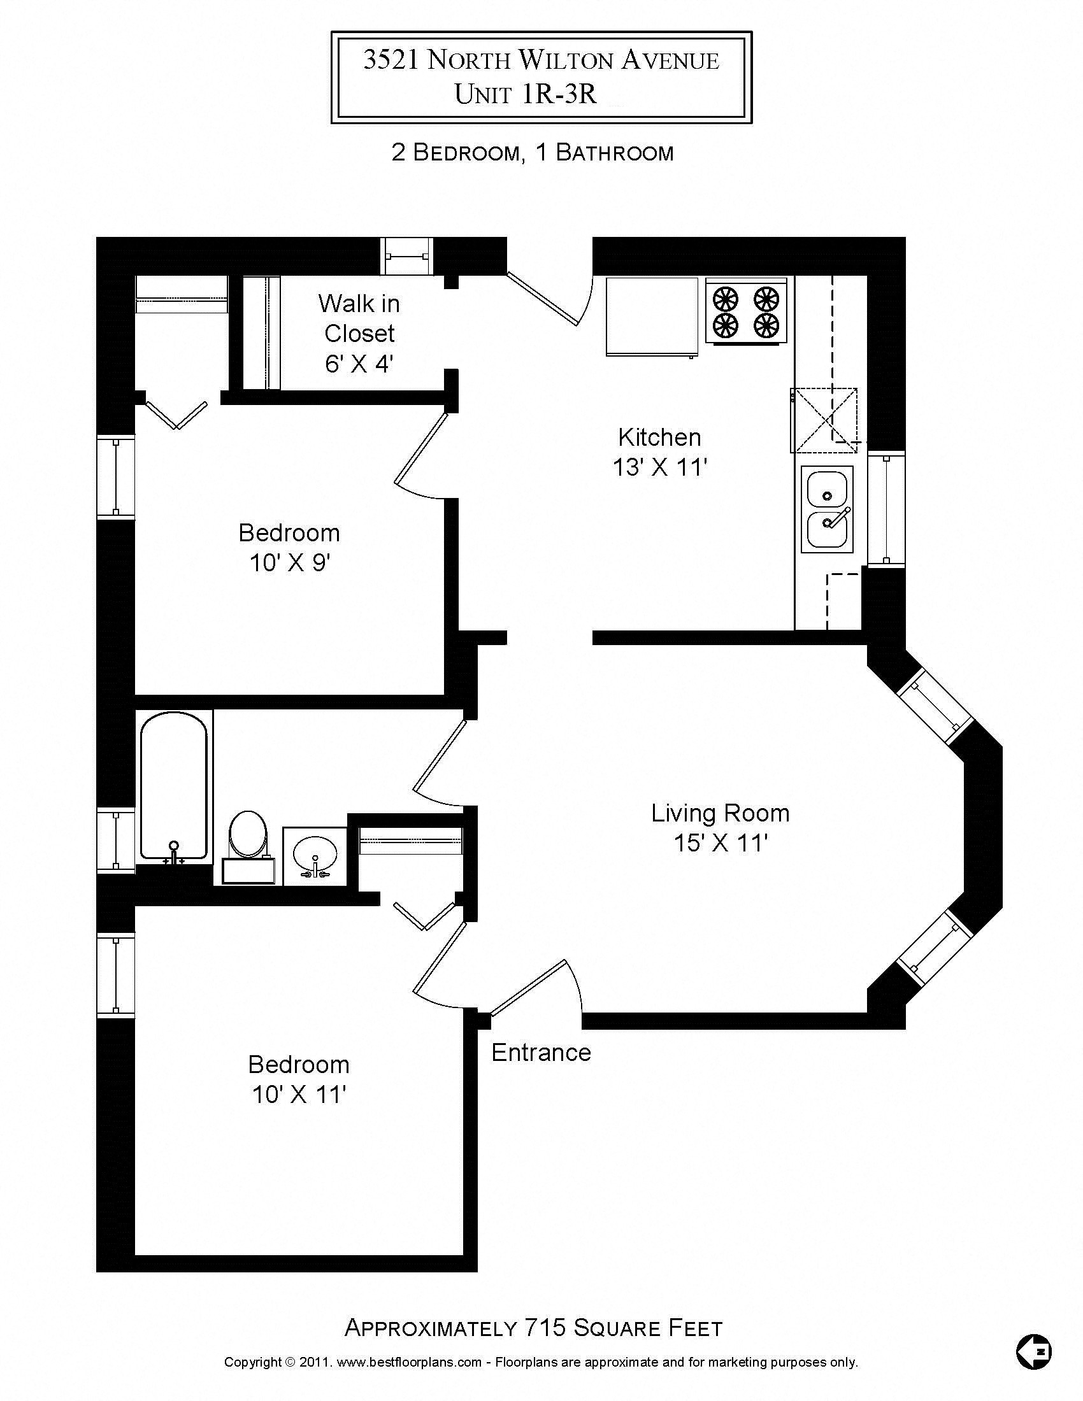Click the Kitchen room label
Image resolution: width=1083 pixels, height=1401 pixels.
[659, 437]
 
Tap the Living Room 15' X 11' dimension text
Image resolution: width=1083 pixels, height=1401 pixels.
[721, 843]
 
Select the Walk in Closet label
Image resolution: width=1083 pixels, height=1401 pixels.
[359, 319]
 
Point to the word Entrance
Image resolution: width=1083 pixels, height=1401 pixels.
[541, 1053]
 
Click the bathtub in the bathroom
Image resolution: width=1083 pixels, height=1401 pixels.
[174, 786]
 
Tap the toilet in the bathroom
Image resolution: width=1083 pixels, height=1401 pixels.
[248, 834]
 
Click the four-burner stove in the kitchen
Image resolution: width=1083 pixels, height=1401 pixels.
[746, 311]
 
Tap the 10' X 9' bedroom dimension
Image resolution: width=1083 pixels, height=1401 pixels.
[289, 563]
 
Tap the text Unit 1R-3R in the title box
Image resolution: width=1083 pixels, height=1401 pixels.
[526, 94]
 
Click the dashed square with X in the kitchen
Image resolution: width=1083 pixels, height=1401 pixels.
[823, 420]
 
